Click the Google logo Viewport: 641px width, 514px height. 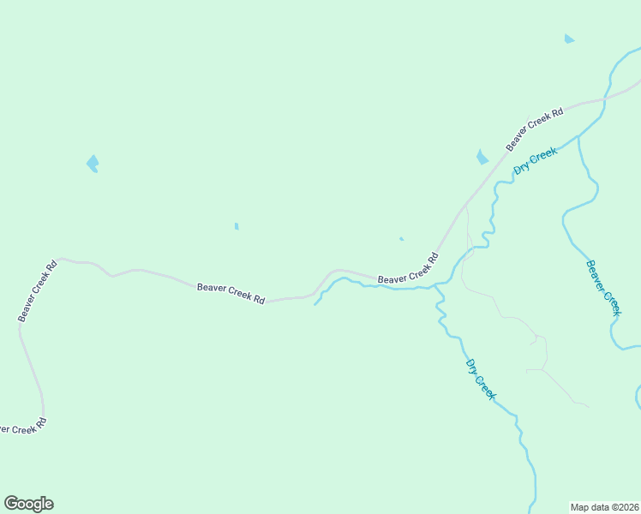click(x=28, y=504)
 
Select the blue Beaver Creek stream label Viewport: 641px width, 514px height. click(x=602, y=287)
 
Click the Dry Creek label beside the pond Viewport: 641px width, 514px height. click(x=536, y=160)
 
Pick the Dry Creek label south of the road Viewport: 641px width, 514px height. click(x=480, y=378)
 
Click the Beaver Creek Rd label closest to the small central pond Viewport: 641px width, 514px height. click(x=231, y=293)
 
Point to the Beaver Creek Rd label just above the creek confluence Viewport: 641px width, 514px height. click(x=408, y=269)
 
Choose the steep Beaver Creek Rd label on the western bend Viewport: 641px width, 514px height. click(x=38, y=290)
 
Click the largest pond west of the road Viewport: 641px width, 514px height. click(x=93, y=163)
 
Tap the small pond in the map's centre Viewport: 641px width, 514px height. click(x=237, y=226)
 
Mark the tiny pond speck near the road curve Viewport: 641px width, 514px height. click(x=401, y=239)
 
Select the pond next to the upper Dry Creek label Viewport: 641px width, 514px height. click(x=482, y=157)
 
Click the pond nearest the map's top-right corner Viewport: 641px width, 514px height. click(x=569, y=39)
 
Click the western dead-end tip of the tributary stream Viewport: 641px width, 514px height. click(x=315, y=304)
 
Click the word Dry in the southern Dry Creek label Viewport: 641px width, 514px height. click(x=471, y=366)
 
